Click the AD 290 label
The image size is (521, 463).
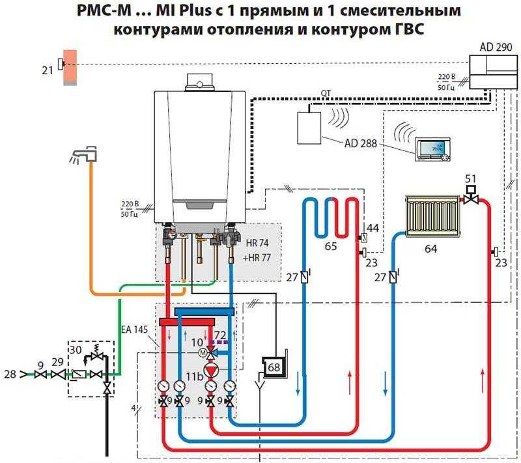pos(496,47)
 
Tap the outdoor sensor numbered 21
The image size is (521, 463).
pos(61,64)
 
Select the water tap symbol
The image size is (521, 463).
pos(85,155)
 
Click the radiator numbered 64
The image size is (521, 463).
pos(432,216)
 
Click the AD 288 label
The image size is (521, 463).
pos(361,143)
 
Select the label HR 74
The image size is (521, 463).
pos(257,243)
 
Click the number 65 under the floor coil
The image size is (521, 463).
pos(331,246)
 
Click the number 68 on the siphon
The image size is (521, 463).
pos(274,367)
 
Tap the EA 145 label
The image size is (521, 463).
pos(134,330)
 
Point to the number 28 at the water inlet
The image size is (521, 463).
pos(10,374)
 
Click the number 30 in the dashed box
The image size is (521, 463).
pos(76,350)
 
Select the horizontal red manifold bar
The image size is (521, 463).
pos(188,322)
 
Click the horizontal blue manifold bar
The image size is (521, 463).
pos(204,311)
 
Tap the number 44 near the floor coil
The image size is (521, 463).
pos(373,228)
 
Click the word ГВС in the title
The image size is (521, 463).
pos(408,29)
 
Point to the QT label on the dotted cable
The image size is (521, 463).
pos(326,94)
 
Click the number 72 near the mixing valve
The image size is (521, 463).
pos(220,335)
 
